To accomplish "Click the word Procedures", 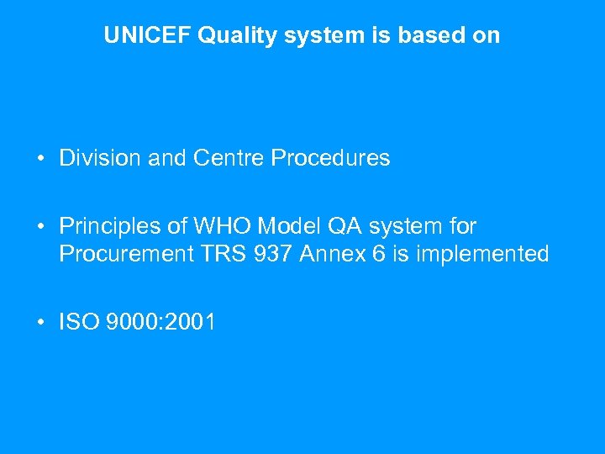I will (331, 158).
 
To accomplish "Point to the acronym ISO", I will (78, 321).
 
